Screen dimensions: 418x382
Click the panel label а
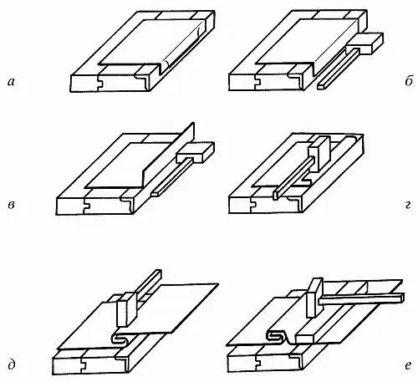(11, 82)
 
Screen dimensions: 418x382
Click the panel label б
(408, 81)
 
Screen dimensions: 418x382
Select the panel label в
(11, 206)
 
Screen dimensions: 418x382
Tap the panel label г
(408, 206)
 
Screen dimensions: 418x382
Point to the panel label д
(11, 365)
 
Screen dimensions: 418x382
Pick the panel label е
(408, 365)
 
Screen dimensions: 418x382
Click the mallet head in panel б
(364, 43)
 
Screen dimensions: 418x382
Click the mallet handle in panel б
(338, 69)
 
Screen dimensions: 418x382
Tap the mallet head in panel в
(196, 152)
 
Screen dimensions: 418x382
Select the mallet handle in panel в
(171, 176)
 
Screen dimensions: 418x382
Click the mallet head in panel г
(319, 154)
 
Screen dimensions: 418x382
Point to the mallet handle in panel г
(293, 178)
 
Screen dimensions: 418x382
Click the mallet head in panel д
(127, 309)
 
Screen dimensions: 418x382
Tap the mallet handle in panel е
(361, 298)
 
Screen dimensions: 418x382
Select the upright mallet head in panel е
(314, 298)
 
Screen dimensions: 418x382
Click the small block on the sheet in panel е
(306, 336)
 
